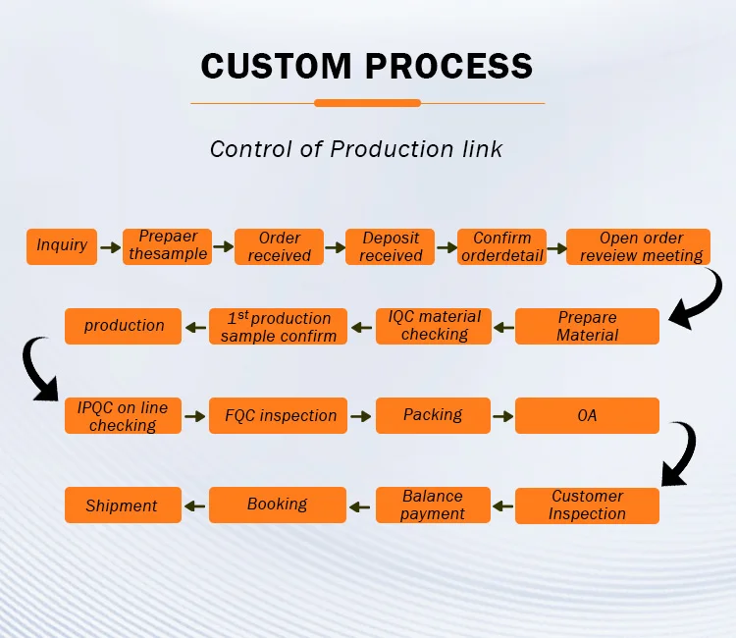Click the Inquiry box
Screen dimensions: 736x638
pos(62,246)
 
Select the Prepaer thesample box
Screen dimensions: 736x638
pos(167,246)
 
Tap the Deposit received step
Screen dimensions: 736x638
pos(390,246)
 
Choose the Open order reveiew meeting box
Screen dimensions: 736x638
pos(638,246)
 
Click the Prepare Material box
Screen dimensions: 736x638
pos(587,326)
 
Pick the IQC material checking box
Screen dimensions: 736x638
pos(434,326)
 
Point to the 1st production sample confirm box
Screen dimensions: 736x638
pos(278,326)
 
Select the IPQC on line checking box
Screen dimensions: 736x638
pos(123,415)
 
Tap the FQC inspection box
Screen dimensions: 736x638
pos(278,415)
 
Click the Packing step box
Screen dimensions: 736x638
pos(433,415)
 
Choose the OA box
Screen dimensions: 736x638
pos(587,415)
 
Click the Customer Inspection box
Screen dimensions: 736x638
pos(587,505)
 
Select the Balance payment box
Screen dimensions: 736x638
pos(433,505)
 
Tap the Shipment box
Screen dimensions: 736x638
pos(123,505)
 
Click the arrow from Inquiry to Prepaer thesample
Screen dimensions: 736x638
pos(110,247)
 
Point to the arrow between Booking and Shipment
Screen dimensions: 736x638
pos(195,506)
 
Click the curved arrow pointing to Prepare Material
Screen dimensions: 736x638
pos(709,300)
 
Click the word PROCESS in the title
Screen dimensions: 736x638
pos(448,66)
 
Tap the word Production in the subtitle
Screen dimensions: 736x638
pos(392,149)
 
